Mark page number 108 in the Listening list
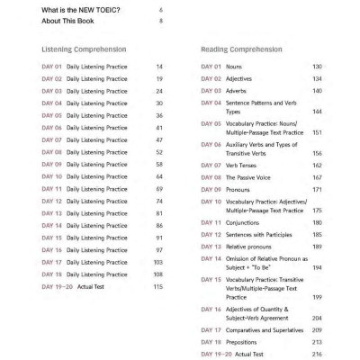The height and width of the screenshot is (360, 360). (x=157, y=274)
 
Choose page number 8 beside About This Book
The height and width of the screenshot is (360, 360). (x=160, y=21)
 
